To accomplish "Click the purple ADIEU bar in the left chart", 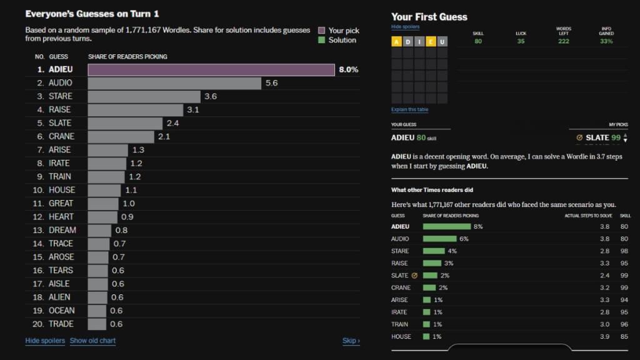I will click(x=211, y=69).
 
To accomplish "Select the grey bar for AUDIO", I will click(x=174, y=83).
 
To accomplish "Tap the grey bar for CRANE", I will click(x=121, y=136).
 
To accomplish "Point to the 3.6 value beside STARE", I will click(x=211, y=96).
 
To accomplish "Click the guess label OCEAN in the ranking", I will click(x=61, y=311).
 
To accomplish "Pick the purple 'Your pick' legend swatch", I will click(x=321, y=30).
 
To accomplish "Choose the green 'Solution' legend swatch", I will click(x=321, y=40).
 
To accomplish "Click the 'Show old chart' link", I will click(x=92, y=341).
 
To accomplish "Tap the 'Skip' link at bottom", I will click(x=351, y=341).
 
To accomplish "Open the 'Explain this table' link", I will click(x=409, y=110).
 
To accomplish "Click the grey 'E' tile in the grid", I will click(x=419, y=42).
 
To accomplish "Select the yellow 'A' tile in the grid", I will click(x=396, y=42).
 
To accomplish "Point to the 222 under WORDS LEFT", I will click(x=563, y=41).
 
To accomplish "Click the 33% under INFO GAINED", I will click(x=606, y=41).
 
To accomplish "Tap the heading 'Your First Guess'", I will click(x=429, y=17).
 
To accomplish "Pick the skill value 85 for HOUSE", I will click(x=624, y=336).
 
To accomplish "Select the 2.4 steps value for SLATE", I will click(x=604, y=276).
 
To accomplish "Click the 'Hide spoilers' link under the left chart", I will click(x=45, y=341).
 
